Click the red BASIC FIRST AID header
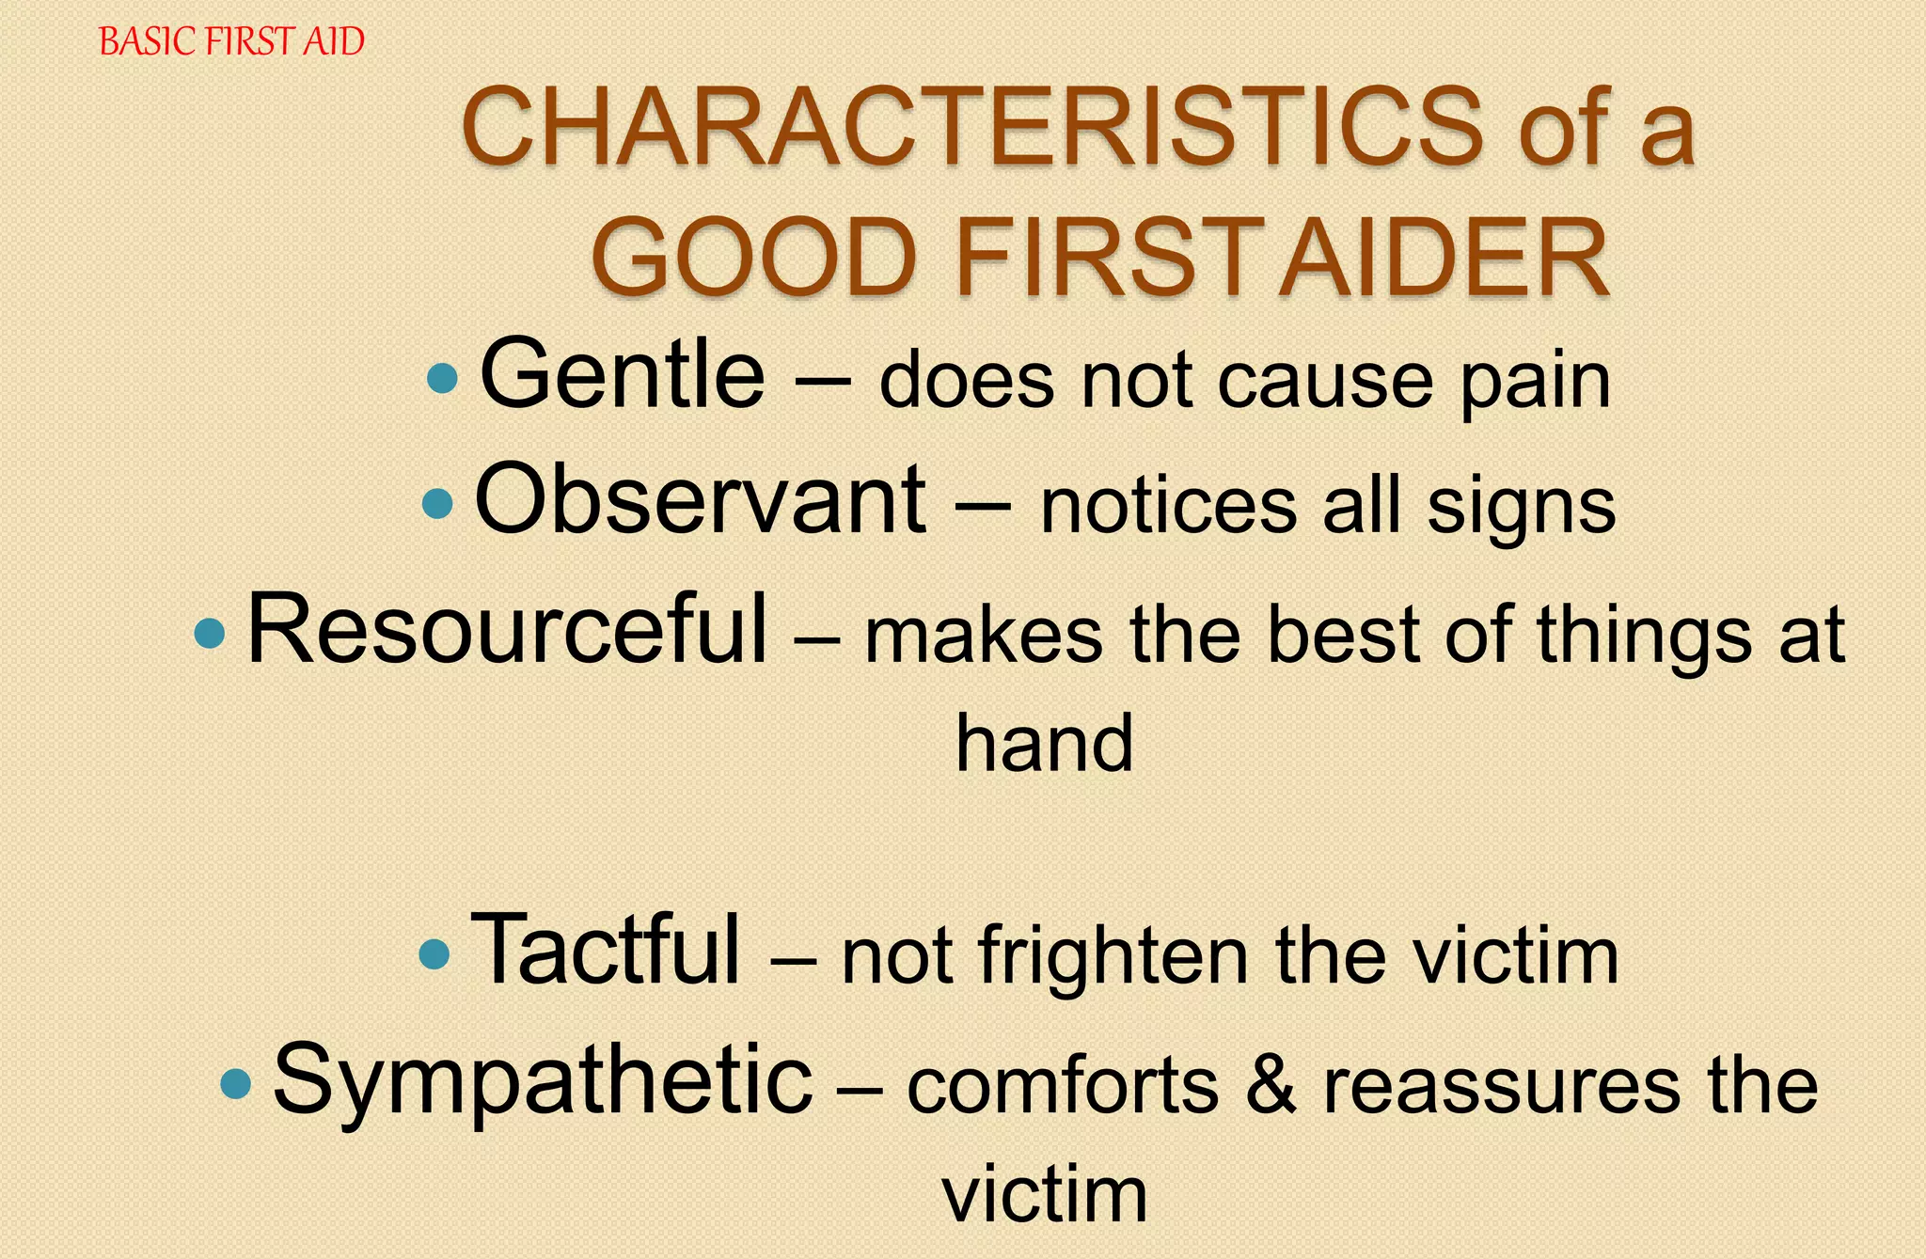(x=231, y=42)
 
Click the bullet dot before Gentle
(x=442, y=379)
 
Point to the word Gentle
(x=623, y=376)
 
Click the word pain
(x=1535, y=384)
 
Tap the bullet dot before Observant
(x=438, y=504)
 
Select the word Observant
(x=700, y=500)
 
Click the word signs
(x=1521, y=510)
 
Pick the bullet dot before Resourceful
(x=210, y=633)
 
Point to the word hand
(x=1044, y=743)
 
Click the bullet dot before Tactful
(x=434, y=953)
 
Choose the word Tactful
(x=607, y=950)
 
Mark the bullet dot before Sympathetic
(x=236, y=1084)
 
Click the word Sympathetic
(x=543, y=1081)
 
